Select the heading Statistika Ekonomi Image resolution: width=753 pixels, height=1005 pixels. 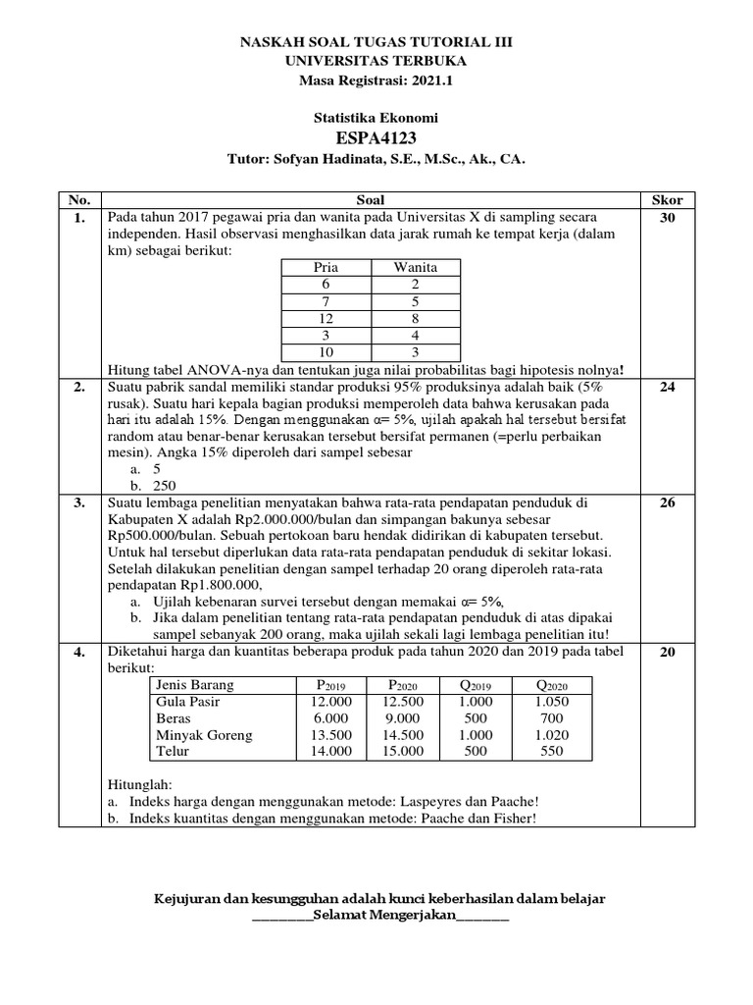tap(376, 117)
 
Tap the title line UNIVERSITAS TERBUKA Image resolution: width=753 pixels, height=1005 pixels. tap(376, 61)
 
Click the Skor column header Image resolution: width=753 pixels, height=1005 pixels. tap(667, 199)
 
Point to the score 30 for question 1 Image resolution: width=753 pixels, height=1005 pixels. tap(667, 217)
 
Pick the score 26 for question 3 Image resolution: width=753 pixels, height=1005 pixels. tap(667, 502)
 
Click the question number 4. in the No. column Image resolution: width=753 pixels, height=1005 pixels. tap(78, 652)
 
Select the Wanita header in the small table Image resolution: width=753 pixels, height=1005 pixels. tap(416, 267)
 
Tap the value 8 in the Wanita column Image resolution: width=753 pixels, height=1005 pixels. tap(416, 319)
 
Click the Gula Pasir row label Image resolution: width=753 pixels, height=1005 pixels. tap(188, 702)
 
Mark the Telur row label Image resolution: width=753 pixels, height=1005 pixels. tap(175, 751)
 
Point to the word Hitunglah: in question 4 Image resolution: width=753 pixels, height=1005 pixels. tap(138, 785)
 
